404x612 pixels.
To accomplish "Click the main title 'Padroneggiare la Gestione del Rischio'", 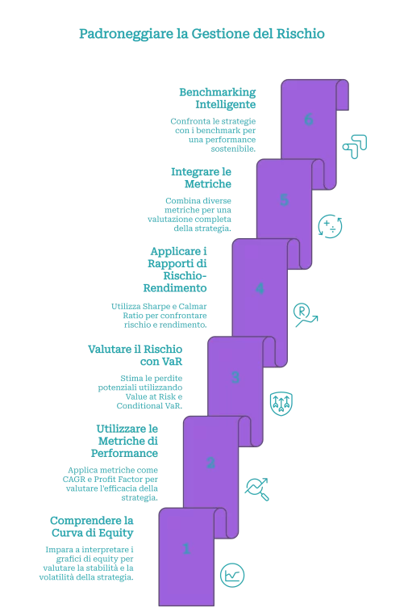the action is pos(202,34).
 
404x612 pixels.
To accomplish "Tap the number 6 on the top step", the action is pos(309,119).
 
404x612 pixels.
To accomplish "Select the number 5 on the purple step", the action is pos(284,200).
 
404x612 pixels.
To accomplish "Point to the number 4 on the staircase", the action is pos(260,288).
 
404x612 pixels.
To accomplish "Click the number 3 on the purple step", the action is pos(235,377).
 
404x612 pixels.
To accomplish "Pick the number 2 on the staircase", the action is pos(210,463).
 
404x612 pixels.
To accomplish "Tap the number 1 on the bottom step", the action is pos(186,549).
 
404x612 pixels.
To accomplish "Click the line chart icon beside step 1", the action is pos(232,576).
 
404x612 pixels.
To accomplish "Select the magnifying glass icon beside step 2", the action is pos(257,489).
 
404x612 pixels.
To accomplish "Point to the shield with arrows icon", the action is pos(281,404).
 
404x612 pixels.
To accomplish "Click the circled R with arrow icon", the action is pos(306,315).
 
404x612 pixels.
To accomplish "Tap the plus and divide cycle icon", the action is pos(331,226).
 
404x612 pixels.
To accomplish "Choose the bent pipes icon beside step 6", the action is pos(355,146).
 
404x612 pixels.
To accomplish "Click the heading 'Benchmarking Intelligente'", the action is pos(218,99).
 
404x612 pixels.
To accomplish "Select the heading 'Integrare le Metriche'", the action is pos(202,178).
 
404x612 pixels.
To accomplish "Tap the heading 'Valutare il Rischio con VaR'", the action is pos(135,355).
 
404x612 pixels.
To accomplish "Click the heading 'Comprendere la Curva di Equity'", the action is pos(92,526).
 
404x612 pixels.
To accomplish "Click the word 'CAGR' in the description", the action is pos(74,480).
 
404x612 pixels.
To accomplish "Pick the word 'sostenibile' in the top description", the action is pos(233,149).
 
